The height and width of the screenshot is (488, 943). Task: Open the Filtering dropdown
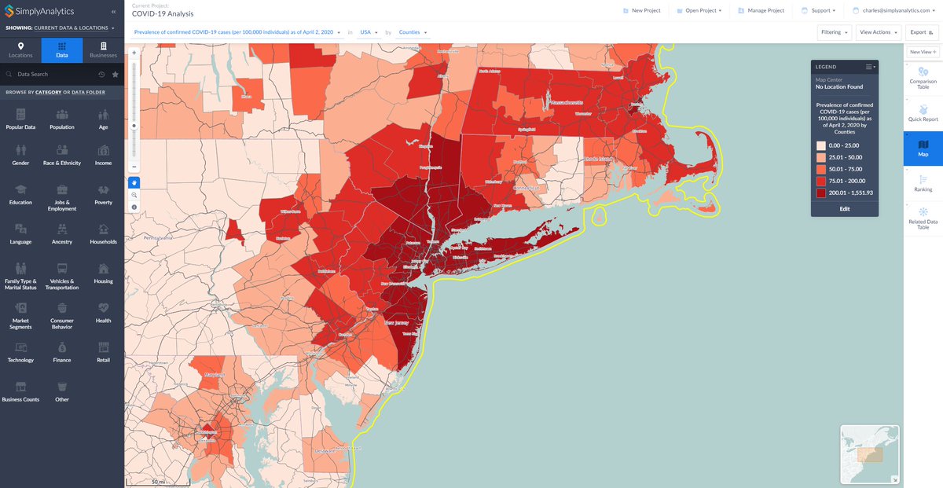[x=835, y=32]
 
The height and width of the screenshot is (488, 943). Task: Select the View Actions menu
[x=879, y=32]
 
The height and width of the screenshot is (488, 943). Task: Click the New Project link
[x=640, y=11]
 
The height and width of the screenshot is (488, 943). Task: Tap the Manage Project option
[x=761, y=11]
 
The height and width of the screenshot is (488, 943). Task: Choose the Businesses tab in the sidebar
[x=103, y=50]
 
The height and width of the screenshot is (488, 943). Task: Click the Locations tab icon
[x=20, y=47]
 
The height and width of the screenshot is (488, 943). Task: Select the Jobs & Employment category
[x=62, y=196]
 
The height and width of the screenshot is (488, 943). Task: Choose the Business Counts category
[x=20, y=391]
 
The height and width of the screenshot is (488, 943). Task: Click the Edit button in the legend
[x=844, y=209]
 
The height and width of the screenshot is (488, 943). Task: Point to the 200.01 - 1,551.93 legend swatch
[x=820, y=193]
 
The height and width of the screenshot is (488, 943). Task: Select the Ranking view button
[x=923, y=182]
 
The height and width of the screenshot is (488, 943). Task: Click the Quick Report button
[x=923, y=113]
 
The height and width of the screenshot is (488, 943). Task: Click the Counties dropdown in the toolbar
[x=413, y=32]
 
